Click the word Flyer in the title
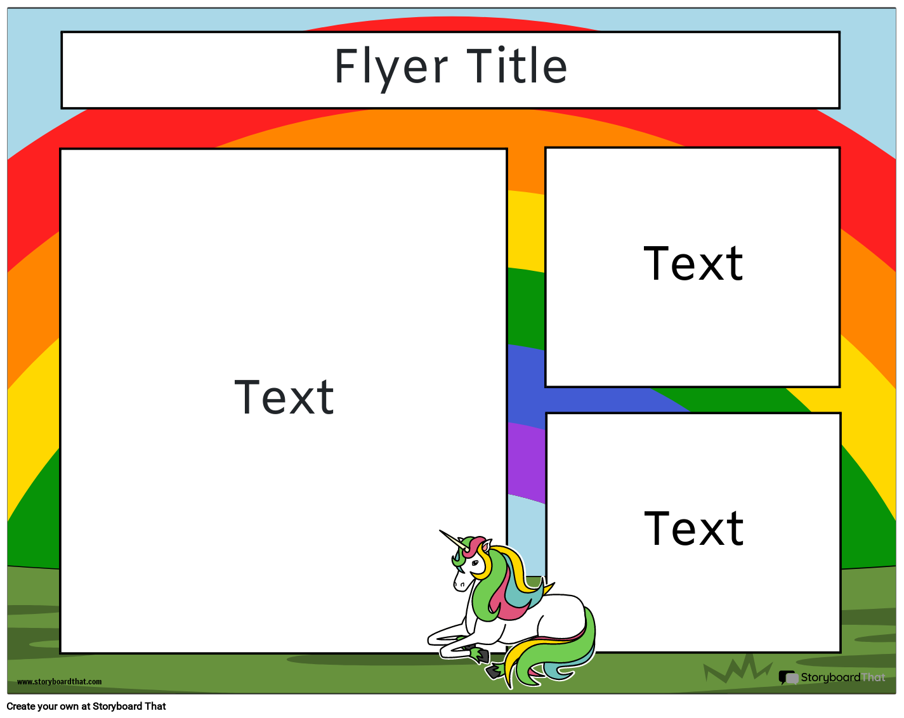(x=391, y=67)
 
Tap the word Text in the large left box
(x=284, y=398)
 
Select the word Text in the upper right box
(x=693, y=264)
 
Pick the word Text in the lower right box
(x=693, y=529)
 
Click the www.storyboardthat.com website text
(x=59, y=682)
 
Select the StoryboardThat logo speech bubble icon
(x=788, y=678)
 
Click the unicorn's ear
(x=485, y=547)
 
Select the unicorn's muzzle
(x=459, y=583)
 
